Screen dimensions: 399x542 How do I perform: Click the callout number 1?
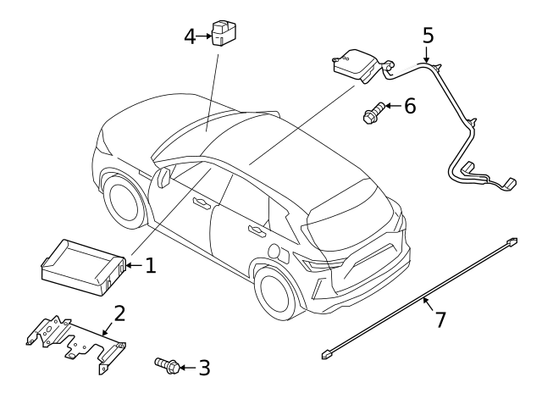(150, 266)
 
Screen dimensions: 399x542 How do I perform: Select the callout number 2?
(119, 313)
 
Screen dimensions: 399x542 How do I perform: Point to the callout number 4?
(190, 36)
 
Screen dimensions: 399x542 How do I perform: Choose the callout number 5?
(428, 36)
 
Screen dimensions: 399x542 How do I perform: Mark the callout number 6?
(409, 106)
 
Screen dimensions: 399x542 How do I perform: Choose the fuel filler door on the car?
(274, 251)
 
